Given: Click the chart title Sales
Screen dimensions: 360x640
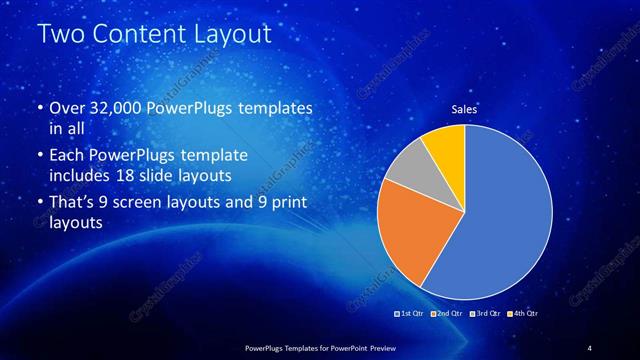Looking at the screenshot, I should [464, 109].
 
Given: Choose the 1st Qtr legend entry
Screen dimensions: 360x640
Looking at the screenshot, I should [411, 314].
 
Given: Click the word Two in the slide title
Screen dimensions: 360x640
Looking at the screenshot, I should [61, 35].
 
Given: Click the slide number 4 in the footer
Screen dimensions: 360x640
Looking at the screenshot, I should [589, 347].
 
